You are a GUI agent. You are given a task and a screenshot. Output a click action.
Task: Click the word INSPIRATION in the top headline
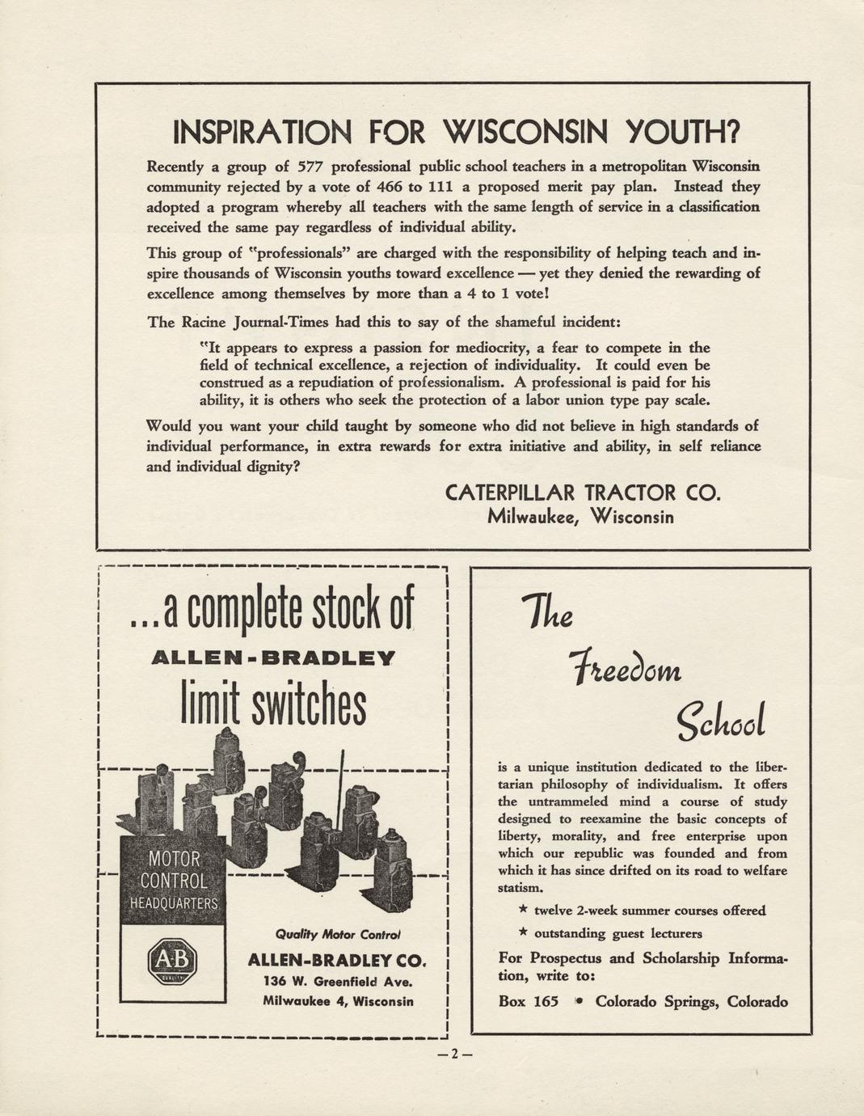point(263,132)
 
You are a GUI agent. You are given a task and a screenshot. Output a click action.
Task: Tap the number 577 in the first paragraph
point(311,167)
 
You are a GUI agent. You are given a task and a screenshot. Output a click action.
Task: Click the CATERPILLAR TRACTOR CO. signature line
point(582,492)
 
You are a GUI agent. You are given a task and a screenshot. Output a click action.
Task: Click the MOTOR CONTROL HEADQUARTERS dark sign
point(173,881)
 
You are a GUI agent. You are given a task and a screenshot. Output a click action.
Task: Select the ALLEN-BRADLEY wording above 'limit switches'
point(273,658)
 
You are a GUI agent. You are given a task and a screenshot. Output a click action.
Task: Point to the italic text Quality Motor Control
point(338,934)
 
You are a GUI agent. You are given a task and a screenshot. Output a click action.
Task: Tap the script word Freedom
point(626,669)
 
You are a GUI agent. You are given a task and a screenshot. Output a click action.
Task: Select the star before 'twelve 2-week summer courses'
point(524,911)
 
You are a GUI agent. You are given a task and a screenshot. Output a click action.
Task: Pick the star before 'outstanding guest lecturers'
point(524,933)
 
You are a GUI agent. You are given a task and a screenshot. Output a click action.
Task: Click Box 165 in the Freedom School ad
point(529,1001)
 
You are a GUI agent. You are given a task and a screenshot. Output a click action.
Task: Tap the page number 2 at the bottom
point(454,1054)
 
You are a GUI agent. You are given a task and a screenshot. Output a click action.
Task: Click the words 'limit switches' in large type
point(272,706)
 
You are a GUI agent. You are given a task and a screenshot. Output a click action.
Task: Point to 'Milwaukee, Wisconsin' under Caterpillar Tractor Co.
point(580,517)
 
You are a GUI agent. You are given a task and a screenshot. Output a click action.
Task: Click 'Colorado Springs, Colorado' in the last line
point(692,1001)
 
